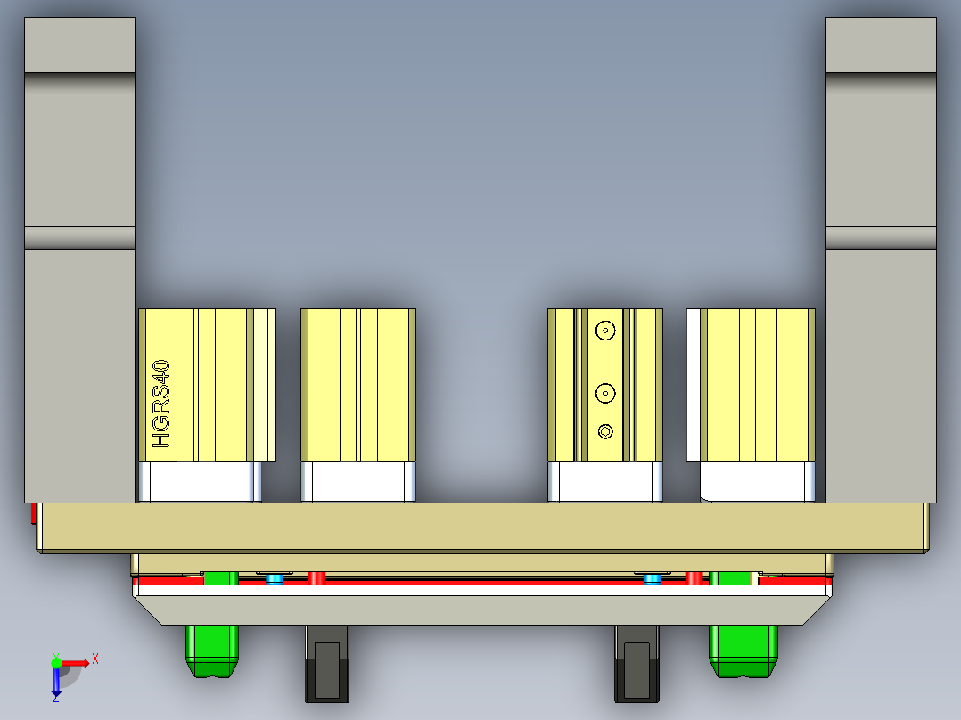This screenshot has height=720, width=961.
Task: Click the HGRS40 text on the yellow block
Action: (x=161, y=404)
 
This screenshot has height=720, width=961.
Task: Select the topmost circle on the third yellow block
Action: (x=606, y=330)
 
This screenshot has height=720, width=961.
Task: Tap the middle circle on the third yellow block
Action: (x=606, y=391)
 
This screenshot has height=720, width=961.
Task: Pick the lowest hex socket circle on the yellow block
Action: (x=606, y=431)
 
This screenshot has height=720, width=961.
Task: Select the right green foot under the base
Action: (x=743, y=650)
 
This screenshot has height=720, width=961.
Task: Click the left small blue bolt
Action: (x=275, y=579)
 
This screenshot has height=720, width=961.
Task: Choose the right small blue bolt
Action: (x=653, y=579)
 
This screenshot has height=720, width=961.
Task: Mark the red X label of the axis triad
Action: (x=95, y=659)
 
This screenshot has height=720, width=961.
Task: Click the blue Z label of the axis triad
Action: (x=55, y=699)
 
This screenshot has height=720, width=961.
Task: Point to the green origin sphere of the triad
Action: (x=56, y=662)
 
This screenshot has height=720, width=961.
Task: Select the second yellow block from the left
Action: (x=358, y=385)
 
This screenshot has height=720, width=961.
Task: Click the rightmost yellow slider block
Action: (x=757, y=385)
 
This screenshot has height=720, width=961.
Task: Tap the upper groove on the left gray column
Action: (x=79, y=82)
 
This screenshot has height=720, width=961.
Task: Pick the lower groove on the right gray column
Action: (x=881, y=238)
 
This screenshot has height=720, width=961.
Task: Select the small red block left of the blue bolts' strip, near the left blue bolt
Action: (x=316, y=578)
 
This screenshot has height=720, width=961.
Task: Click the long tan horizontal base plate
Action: (x=481, y=527)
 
